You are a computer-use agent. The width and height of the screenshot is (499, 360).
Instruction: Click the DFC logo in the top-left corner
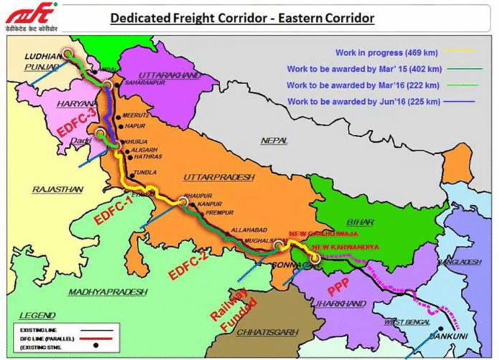(x=22, y=15)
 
